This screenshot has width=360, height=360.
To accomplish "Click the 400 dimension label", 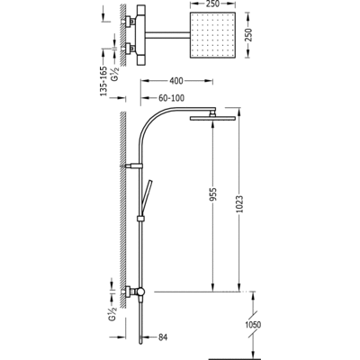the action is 176,81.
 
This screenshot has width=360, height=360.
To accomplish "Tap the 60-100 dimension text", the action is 171,98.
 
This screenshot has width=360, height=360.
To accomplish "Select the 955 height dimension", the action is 212,194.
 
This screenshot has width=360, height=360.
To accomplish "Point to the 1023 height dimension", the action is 239,204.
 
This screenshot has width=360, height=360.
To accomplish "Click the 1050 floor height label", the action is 253,325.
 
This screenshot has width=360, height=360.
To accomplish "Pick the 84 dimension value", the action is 162,337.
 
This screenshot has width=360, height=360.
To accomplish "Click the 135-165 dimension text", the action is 103,81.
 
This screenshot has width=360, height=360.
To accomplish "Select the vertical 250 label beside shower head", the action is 248,35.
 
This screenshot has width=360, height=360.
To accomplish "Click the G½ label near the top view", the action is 115,74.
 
